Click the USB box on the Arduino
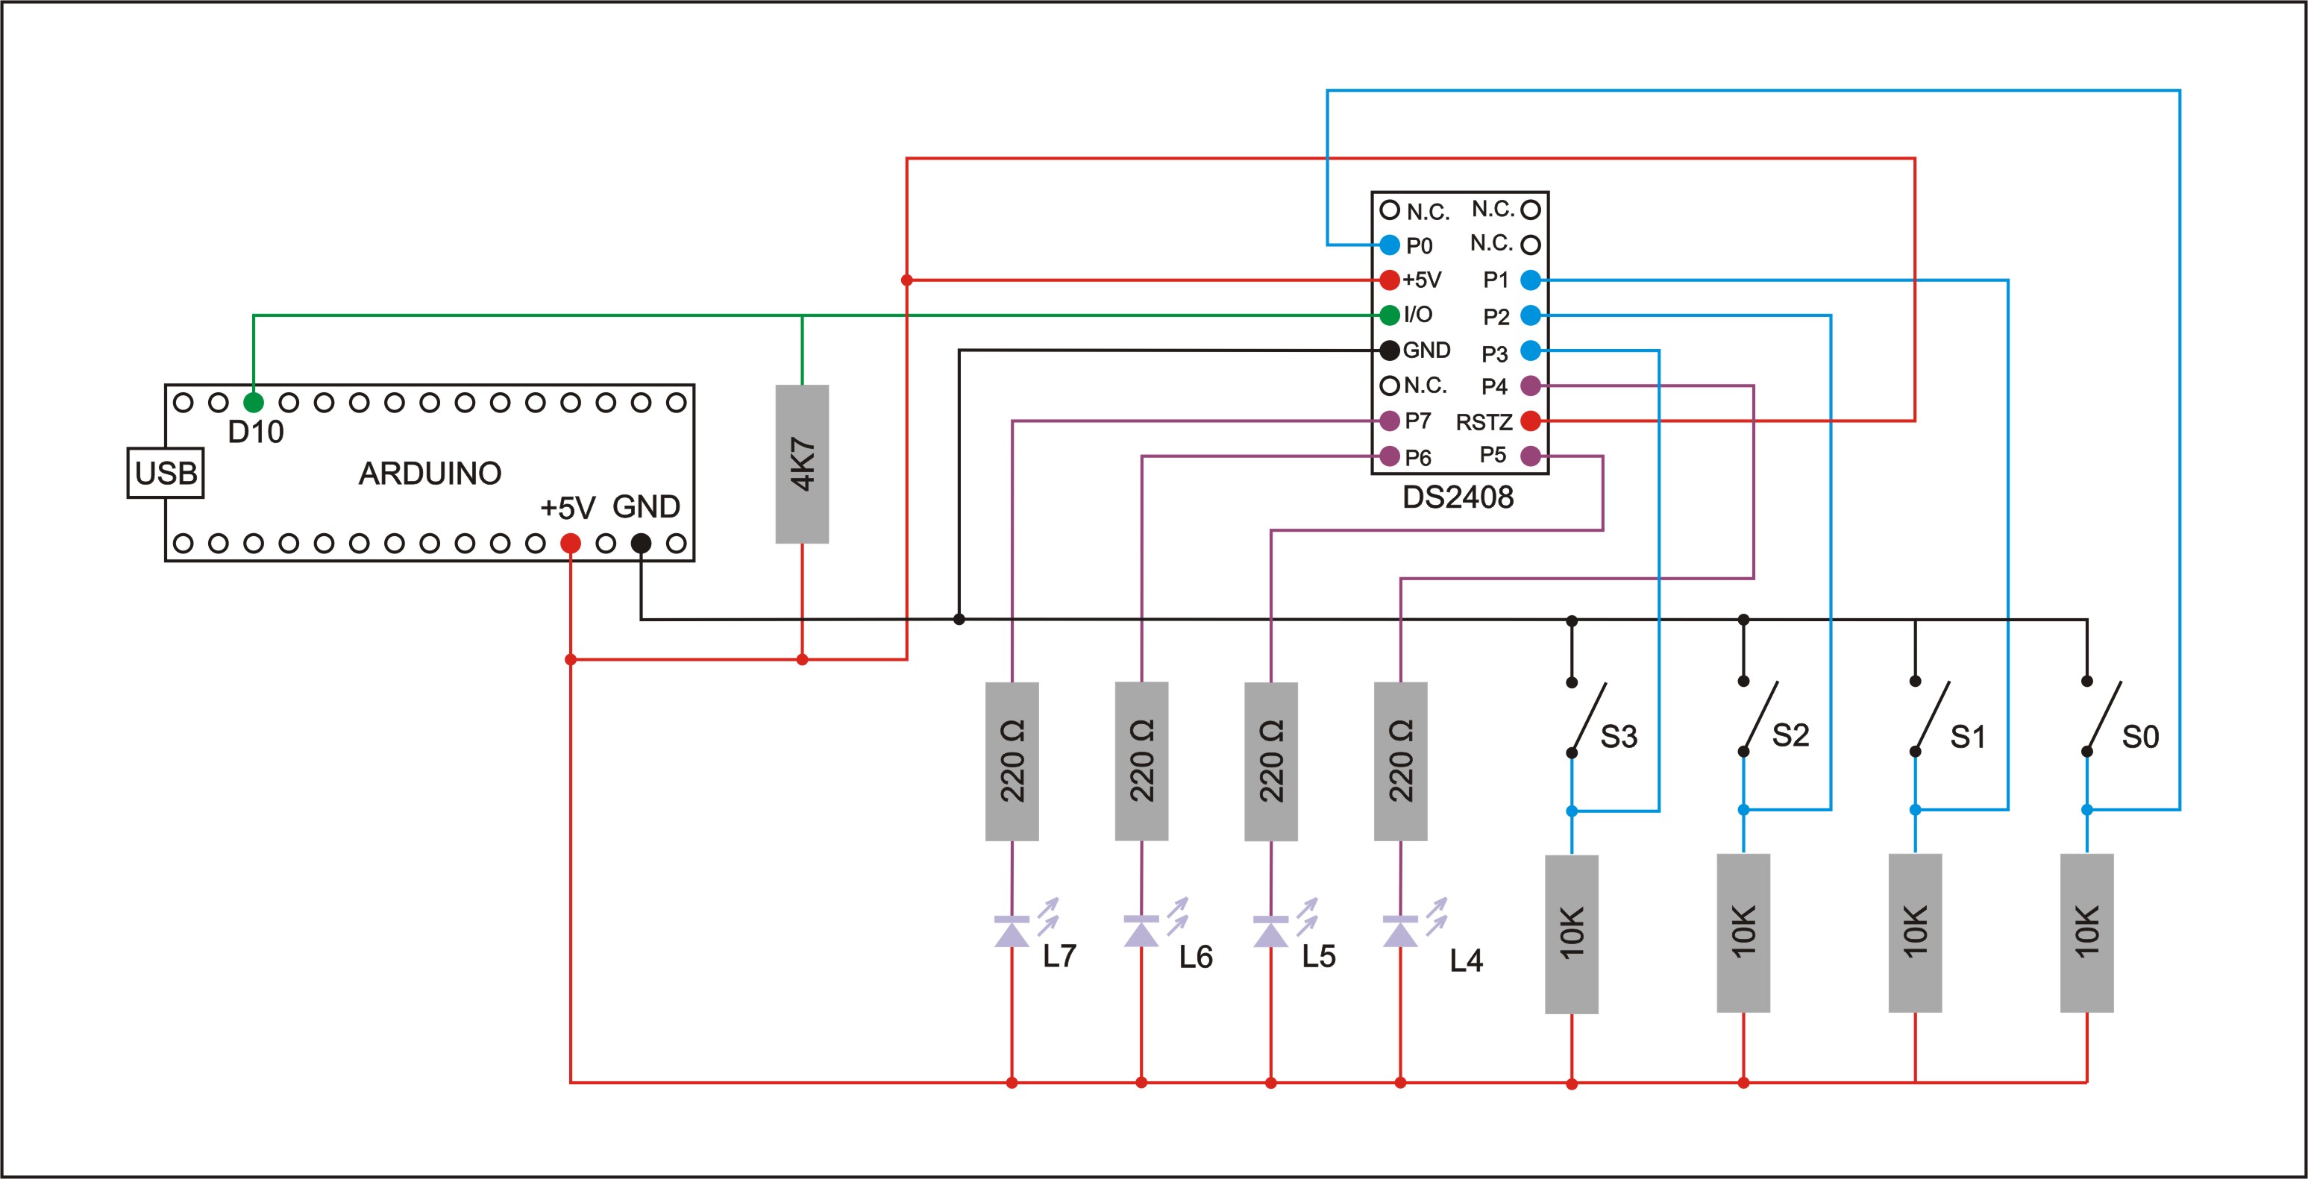166,473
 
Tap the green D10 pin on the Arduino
254,402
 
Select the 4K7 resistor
802,464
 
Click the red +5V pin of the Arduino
570,543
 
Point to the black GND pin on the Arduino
641,543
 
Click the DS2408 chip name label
1458,497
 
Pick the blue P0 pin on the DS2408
1390,245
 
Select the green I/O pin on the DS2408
1390,315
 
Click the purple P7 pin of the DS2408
1390,420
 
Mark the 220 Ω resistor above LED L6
1141,761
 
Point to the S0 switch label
2140,738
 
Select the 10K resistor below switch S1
1915,933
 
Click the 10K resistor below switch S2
1743,933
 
